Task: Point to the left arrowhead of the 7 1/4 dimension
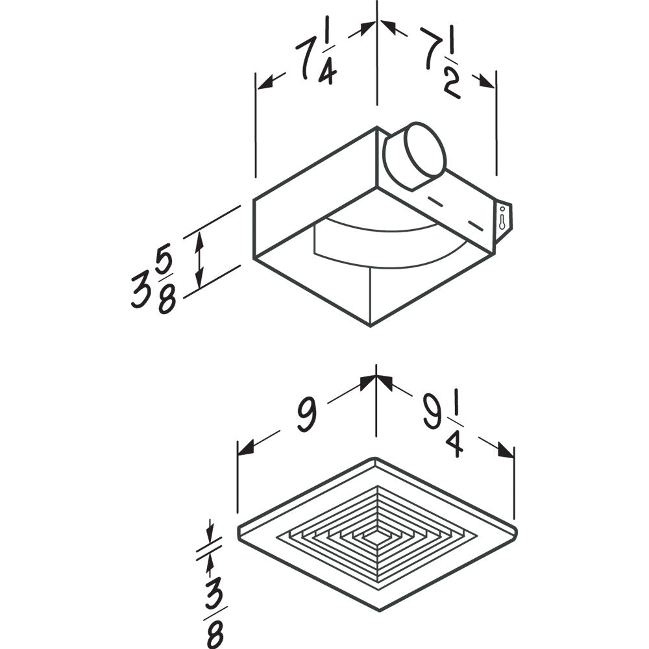click(263, 82)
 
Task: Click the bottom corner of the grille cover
click(376, 610)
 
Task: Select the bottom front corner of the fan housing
click(370, 324)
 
